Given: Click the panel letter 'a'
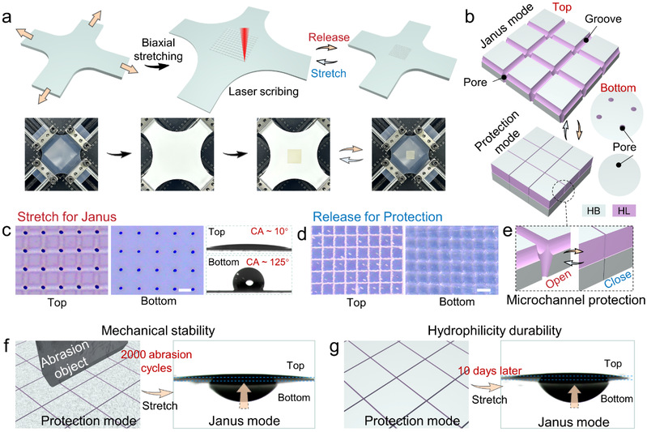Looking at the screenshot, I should click(9, 11).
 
